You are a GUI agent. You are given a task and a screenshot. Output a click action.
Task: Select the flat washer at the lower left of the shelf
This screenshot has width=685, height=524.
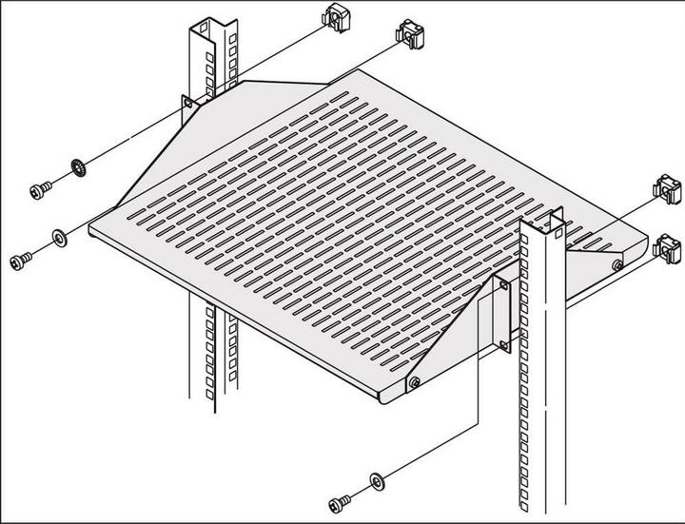(58, 235)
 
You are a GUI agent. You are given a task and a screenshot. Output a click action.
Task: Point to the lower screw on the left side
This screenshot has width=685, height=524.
(21, 258)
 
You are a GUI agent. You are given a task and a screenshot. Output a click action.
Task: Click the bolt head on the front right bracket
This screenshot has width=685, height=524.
(416, 382)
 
